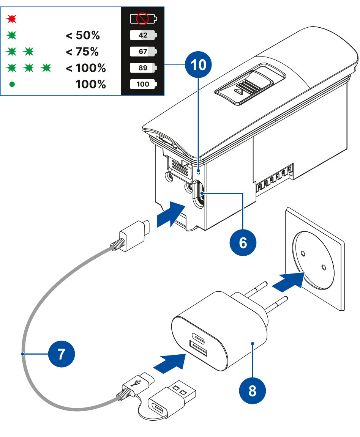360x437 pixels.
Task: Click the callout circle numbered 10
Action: tap(199, 65)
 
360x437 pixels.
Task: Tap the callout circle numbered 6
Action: tap(243, 242)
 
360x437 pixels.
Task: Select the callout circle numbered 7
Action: tap(62, 354)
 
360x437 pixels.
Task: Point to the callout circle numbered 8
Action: tap(253, 391)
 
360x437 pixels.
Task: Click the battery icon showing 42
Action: tap(143, 36)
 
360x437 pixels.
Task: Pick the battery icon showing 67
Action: tap(143, 52)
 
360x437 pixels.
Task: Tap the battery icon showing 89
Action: tap(143, 68)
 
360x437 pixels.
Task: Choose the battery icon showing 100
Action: tap(143, 84)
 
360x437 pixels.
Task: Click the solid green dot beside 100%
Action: tap(12, 84)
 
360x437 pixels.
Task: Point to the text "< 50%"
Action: tap(83, 36)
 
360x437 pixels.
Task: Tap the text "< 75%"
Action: tap(82, 52)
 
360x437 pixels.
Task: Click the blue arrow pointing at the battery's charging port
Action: tap(171, 215)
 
